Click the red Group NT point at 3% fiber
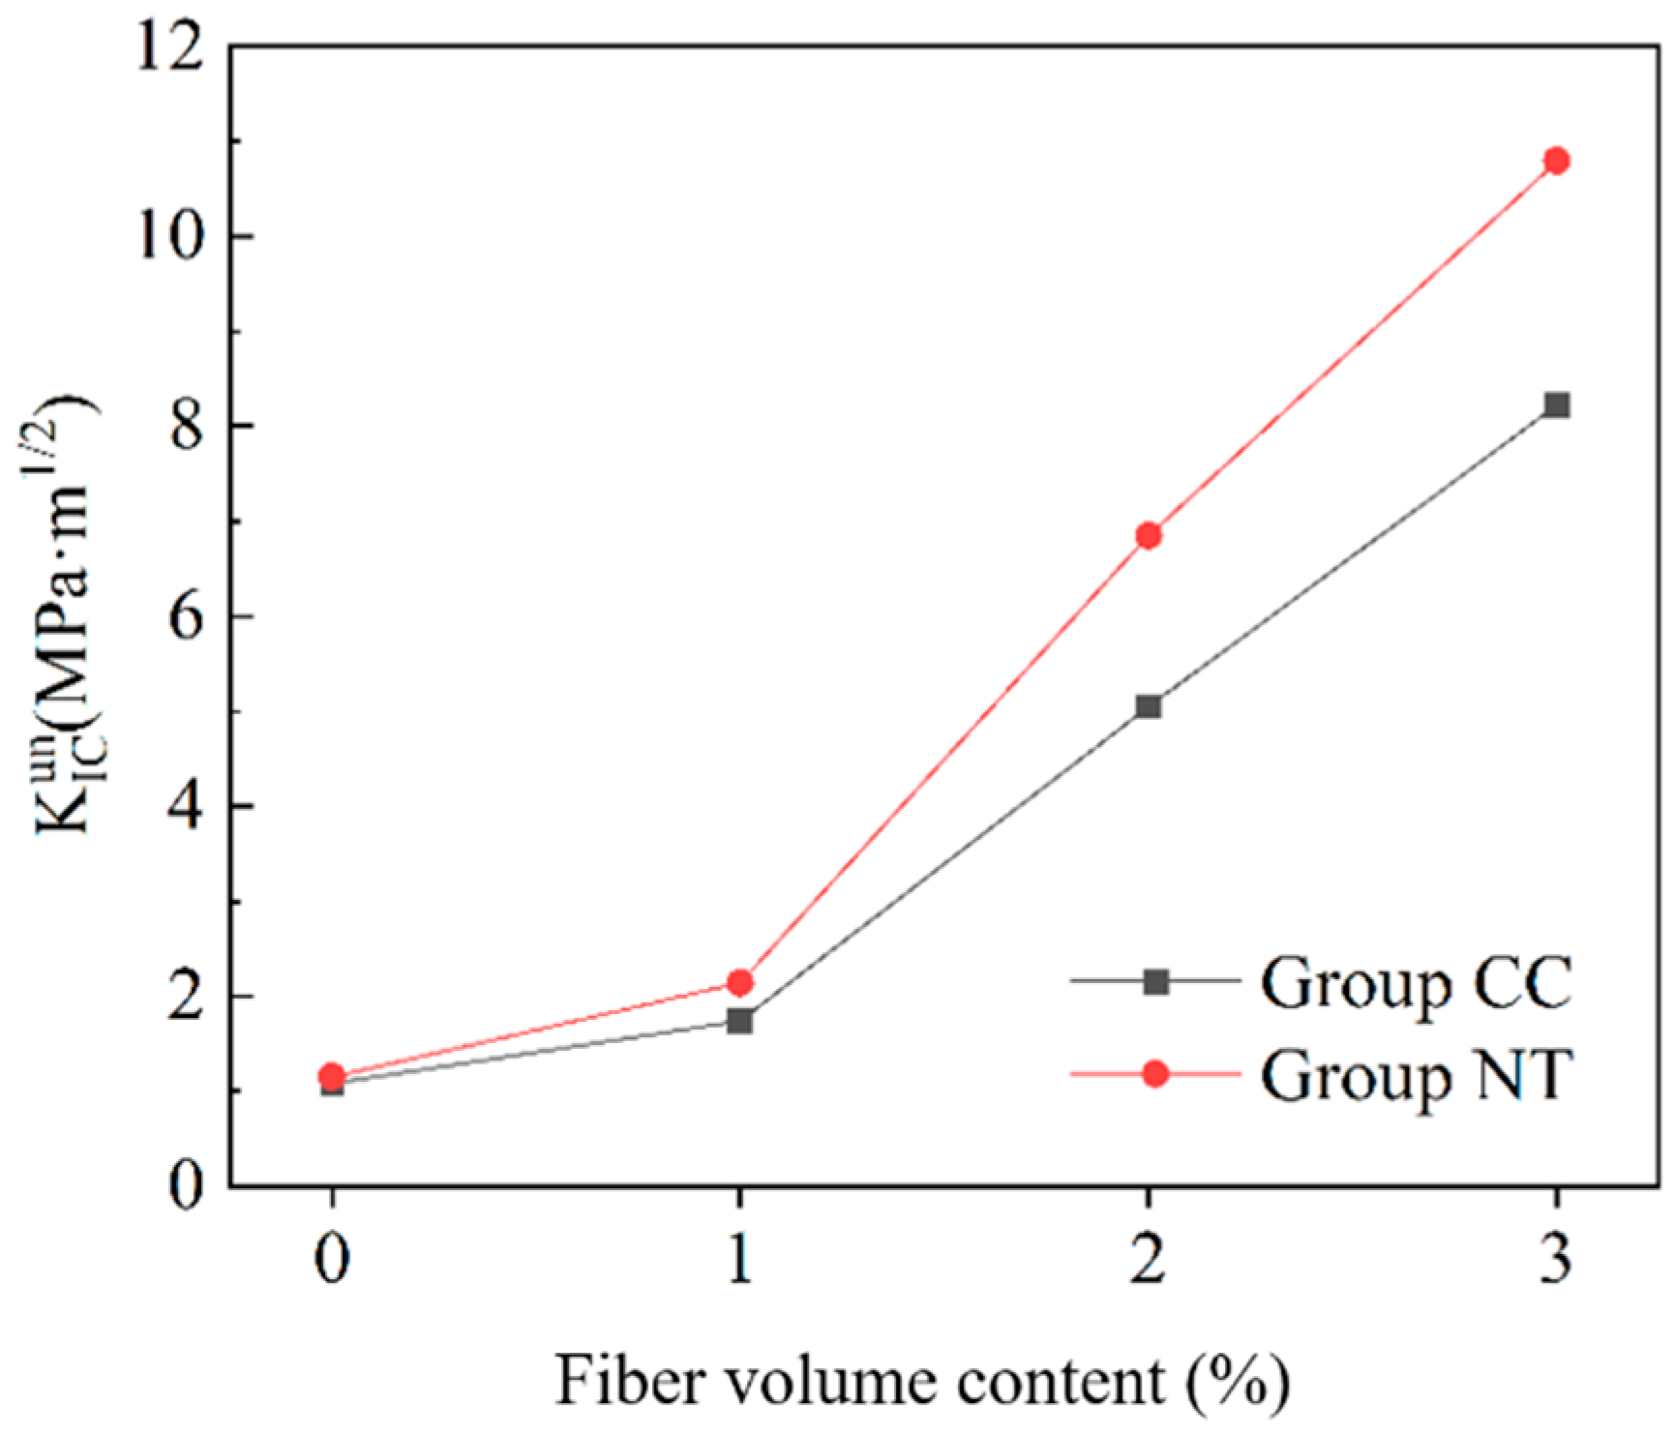pos(1556,161)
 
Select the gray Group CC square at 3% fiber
pos(1556,404)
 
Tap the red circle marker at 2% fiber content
pos(1148,535)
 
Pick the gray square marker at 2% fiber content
pos(1148,705)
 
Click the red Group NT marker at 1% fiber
pos(739,982)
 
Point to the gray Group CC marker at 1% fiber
pos(739,1020)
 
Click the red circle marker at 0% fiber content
pos(332,1075)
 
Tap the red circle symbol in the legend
pos(1154,1074)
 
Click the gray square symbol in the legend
pos(1154,982)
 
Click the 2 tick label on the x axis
pos(1148,1264)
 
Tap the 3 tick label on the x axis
pos(1556,1264)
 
